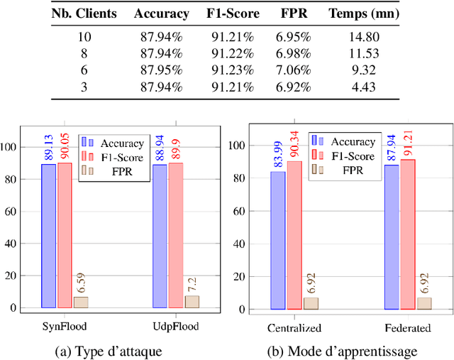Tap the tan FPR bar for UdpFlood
pyautogui.click(x=192, y=302)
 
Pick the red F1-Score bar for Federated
pyautogui.click(x=407, y=234)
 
